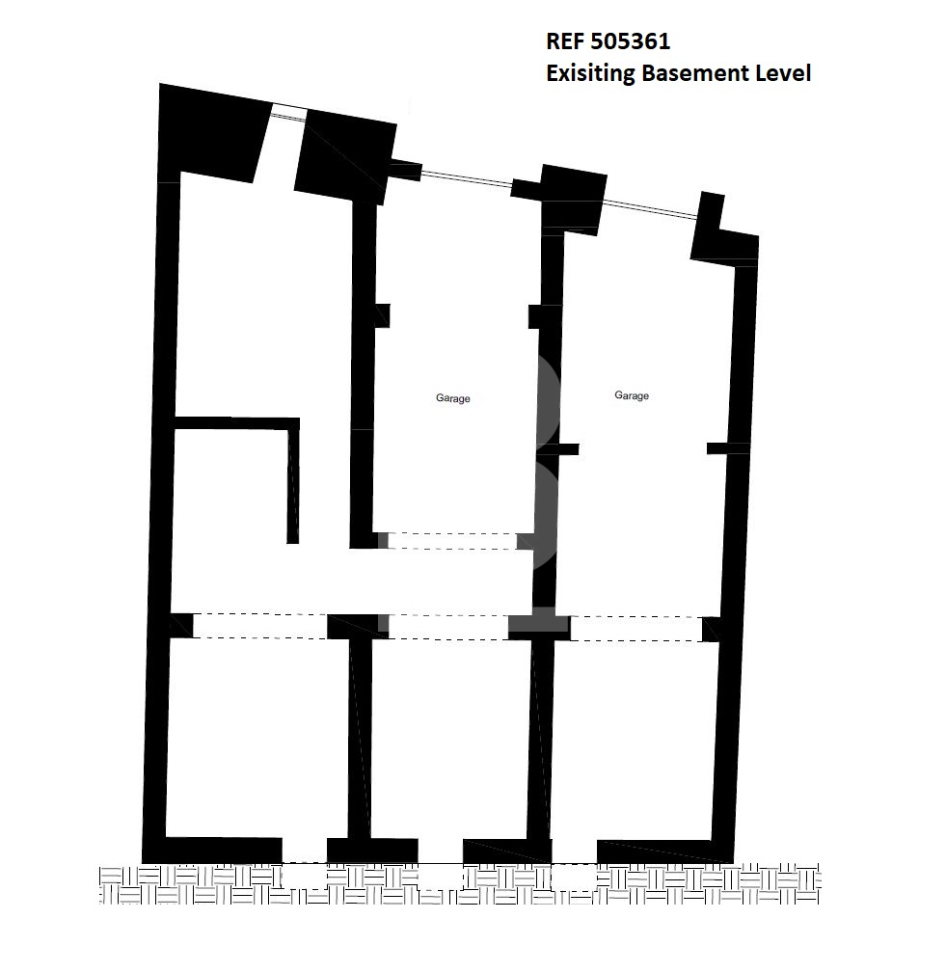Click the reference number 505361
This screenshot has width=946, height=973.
pos(630,41)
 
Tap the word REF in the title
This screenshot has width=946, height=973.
pos(564,41)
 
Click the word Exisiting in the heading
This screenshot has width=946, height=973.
pos(590,73)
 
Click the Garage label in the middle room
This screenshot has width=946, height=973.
pos(452,398)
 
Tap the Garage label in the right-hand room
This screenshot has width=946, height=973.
pos(632,395)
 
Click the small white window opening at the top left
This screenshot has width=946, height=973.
pos(288,112)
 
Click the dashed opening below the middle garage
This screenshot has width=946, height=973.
pos(452,540)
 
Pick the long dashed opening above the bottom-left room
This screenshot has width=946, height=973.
pos(260,626)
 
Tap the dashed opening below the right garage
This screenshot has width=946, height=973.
pos(636,629)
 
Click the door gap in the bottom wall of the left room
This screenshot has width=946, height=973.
pos(305,850)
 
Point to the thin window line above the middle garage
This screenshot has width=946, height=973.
pos(467,177)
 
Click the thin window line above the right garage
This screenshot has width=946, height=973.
pos(652,209)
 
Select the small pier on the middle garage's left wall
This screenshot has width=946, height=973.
pos(383,315)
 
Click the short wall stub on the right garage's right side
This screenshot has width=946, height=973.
pos(727,448)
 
